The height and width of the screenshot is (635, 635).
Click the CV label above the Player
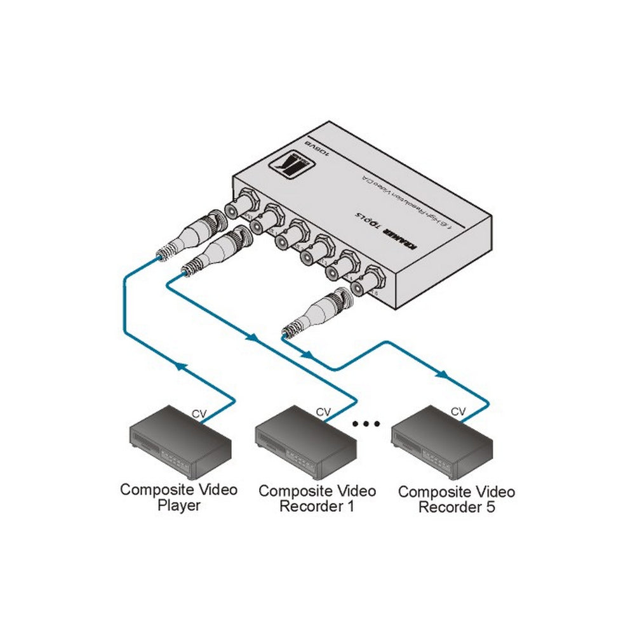tap(199, 414)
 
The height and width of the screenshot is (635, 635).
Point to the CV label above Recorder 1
tap(323, 412)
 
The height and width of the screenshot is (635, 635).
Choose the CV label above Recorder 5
tap(458, 412)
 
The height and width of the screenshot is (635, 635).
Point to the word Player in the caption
tap(178, 505)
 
